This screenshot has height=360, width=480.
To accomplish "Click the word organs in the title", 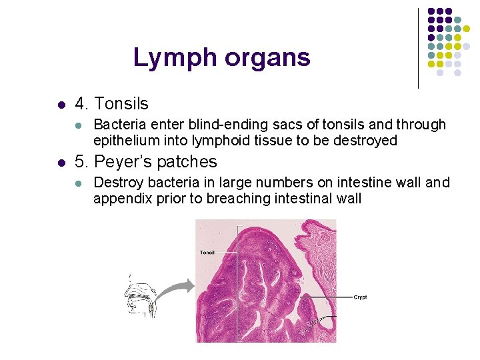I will pyautogui.click(x=267, y=59).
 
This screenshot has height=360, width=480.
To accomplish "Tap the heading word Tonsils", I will pyautogui.click(x=121, y=104).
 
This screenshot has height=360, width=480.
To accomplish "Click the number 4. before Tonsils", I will pyautogui.click(x=82, y=104).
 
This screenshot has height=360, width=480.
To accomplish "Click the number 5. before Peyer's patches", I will pyautogui.click(x=82, y=162).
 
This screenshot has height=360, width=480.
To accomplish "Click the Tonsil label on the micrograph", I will pyautogui.click(x=207, y=253).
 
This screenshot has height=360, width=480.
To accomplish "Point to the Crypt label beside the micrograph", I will pyautogui.click(x=360, y=297).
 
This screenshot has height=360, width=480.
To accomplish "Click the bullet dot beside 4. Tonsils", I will pyautogui.click(x=61, y=105).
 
